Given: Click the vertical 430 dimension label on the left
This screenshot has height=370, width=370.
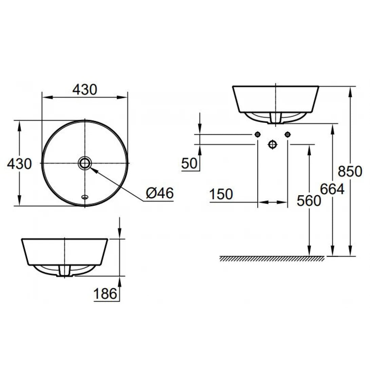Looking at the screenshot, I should [x=19, y=164].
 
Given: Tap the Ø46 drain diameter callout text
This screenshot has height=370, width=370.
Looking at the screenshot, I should [x=160, y=193].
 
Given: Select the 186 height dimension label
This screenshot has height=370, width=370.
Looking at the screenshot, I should [x=104, y=293].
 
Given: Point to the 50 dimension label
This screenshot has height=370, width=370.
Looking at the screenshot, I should [x=189, y=163].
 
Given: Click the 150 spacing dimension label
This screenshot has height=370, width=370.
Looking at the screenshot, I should [x=221, y=195].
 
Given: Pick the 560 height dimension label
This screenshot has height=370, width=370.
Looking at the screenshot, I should [x=309, y=201].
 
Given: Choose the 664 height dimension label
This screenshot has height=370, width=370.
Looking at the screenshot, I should [x=332, y=189].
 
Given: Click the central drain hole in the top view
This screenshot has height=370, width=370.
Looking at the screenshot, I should [x=85, y=163].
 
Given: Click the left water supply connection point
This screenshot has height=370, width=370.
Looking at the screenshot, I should [x=258, y=134].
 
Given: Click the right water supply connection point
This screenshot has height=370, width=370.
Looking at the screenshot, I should [x=288, y=134].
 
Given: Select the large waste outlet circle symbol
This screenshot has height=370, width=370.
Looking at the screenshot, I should [x=272, y=145].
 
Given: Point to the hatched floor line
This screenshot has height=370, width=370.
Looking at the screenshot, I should [x=272, y=259].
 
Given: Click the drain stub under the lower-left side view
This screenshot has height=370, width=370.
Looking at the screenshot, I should [x=64, y=271].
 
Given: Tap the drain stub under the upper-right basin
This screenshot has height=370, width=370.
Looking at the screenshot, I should [x=276, y=118].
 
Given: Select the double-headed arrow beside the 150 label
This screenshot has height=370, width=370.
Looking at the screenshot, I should [x=273, y=202].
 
